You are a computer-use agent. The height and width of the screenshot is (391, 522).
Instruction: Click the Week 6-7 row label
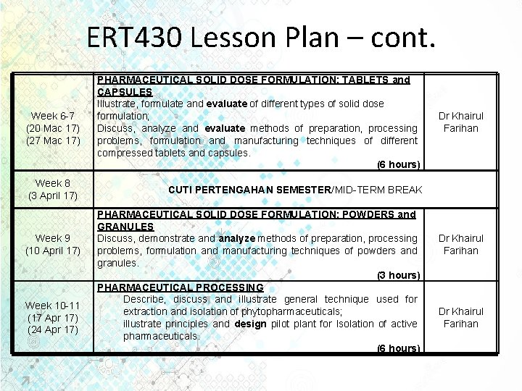pos(53,116)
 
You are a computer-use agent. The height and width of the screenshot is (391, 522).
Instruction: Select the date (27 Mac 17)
pos(53,140)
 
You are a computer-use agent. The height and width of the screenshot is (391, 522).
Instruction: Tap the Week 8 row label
pos(53,183)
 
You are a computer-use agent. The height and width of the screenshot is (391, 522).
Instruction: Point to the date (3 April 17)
pos(53,195)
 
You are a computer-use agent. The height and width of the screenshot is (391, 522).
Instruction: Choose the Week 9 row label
pos(53,238)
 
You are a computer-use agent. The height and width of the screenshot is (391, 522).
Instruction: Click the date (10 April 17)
pos(53,251)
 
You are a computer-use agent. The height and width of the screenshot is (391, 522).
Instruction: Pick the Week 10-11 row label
pos(53,306)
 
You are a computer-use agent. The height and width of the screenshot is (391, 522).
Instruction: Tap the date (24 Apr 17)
pos(53,330)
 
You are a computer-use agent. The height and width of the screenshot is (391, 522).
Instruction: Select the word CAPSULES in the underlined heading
pos(125,92)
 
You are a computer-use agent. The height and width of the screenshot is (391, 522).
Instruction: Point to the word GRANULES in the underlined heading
pos(125,227)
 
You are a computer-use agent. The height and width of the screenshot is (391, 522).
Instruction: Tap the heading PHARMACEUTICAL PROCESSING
pos(181,287)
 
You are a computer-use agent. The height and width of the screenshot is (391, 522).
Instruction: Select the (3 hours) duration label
pos(398,275)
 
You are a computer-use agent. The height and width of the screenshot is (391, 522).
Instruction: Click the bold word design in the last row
pos(251,324)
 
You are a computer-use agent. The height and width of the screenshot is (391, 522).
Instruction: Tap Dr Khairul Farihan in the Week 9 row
pos(460,244)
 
